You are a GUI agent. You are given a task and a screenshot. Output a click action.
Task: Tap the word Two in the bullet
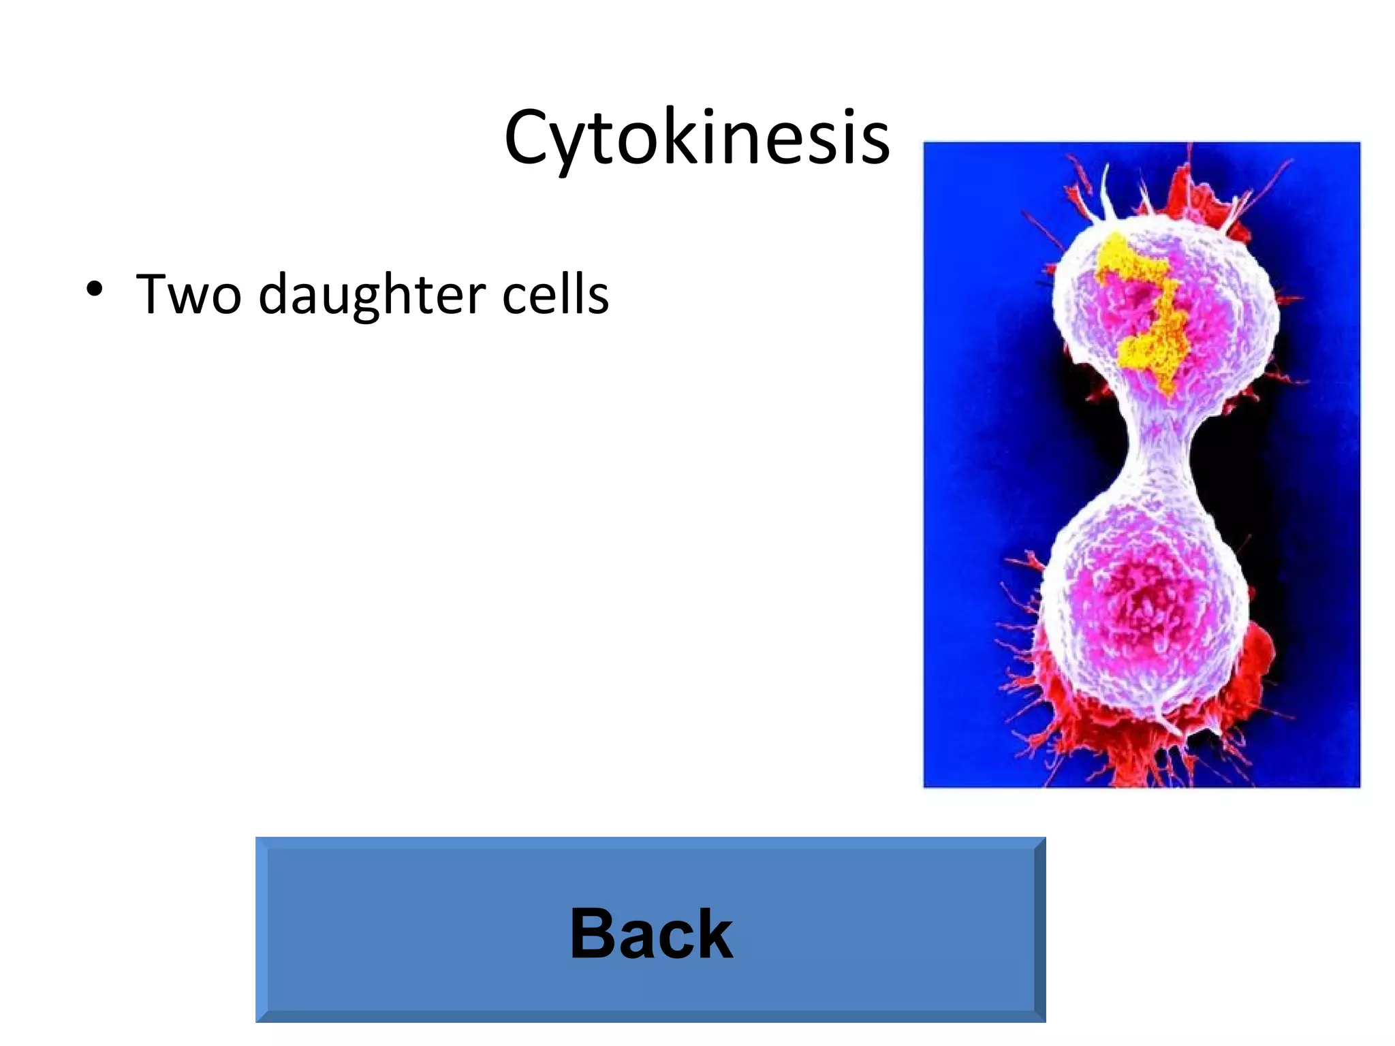189,294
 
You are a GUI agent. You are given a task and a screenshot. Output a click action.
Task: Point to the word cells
555,294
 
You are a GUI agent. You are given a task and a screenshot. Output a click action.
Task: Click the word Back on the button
651,934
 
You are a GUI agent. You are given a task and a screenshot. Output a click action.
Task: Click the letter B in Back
593,934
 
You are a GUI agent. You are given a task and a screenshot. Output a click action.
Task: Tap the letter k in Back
712,934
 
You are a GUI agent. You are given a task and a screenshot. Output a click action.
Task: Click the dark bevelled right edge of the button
1039,930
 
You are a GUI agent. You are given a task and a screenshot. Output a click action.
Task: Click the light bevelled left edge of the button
262,930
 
